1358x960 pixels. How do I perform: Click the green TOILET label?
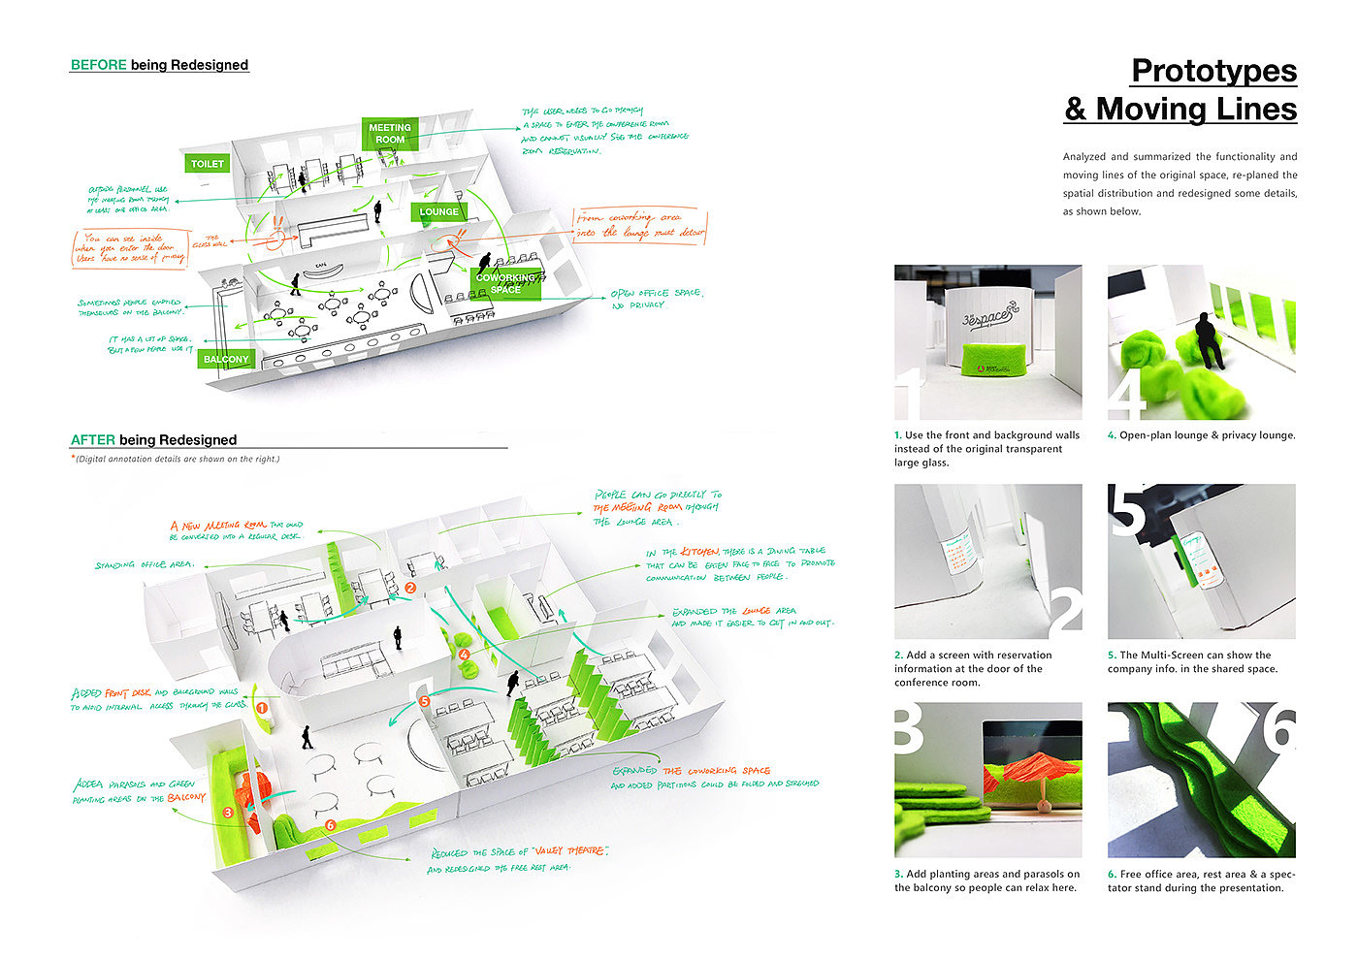tap(207, 164)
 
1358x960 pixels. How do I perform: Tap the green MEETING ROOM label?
tap(390, 134)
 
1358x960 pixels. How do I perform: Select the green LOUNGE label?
tap(439, 211)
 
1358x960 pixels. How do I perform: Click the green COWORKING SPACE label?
tap(504, 283)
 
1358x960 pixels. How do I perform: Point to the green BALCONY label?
tap(226, 359)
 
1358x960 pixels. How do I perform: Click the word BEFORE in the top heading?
tap(98, 65)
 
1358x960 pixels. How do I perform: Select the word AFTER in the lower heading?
tap(92, 439)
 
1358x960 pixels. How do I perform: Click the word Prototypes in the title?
tap(1213, 71)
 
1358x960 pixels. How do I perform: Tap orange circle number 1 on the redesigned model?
tap(261, 708)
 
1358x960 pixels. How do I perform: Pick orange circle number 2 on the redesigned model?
tap(410, 588)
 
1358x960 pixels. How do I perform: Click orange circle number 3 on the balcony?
tap(228, 813)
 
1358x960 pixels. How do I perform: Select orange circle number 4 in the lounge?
tap(465, 655)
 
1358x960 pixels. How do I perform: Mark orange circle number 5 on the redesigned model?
tap(424, 701)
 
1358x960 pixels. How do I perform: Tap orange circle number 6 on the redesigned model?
tap(331, 825)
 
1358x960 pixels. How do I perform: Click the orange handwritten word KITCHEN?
tap(699, 551)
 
